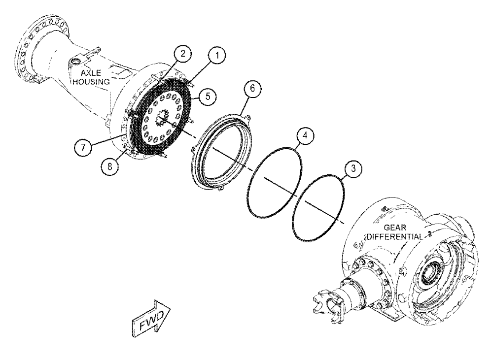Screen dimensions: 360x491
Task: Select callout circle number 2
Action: (182, 54)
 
